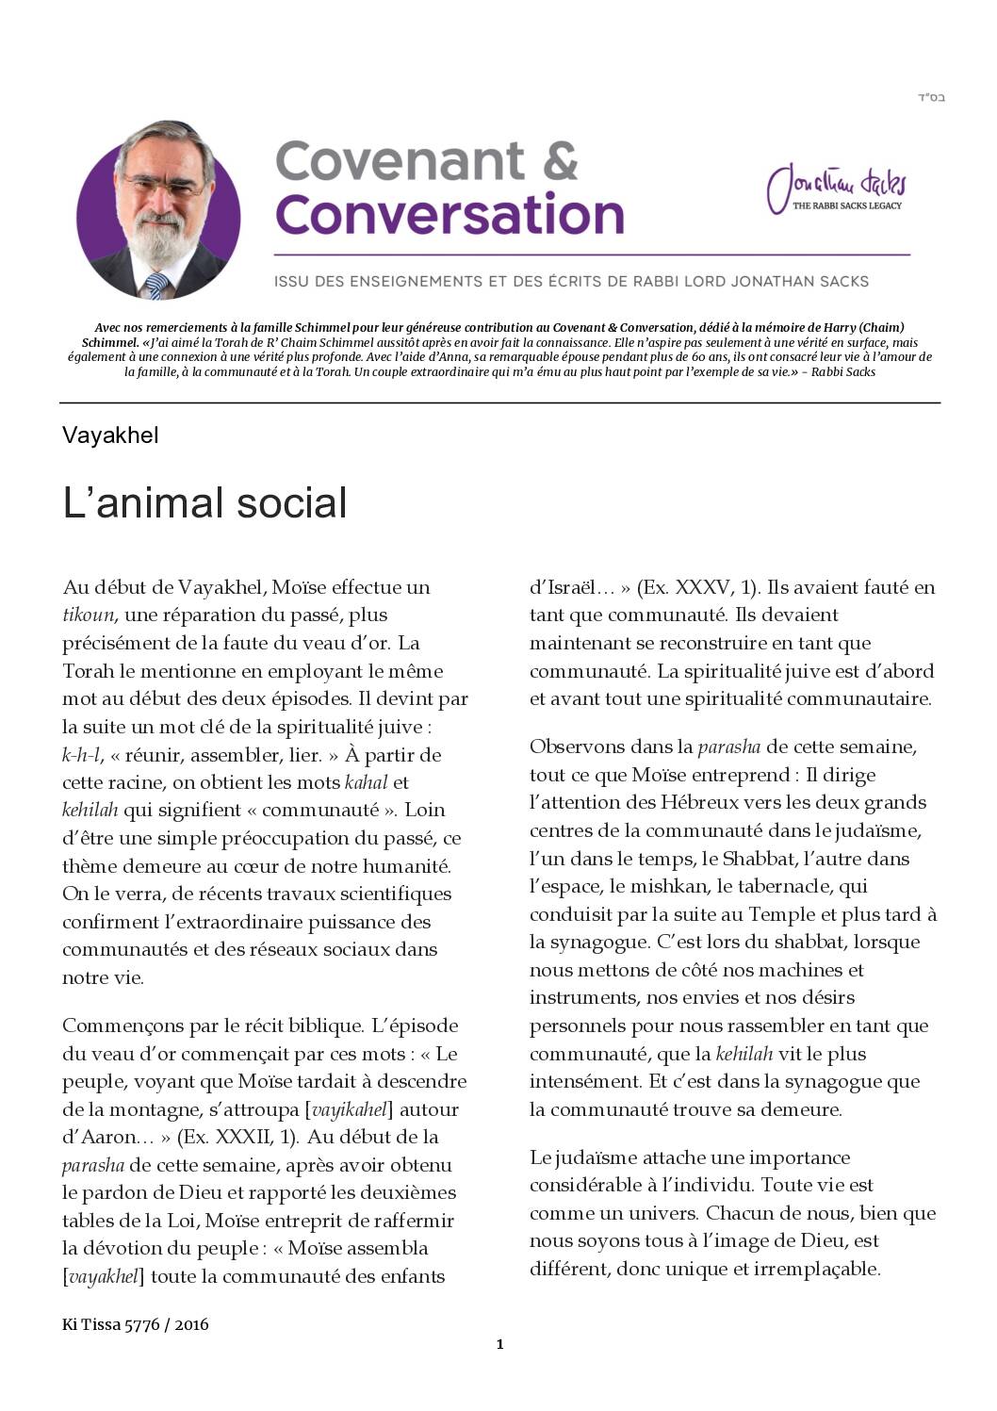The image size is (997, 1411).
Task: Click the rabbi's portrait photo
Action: point(157,211)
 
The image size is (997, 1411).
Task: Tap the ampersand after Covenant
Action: point(560,161)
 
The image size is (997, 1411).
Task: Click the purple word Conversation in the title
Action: point(449,215)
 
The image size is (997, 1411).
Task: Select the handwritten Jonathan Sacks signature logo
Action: point(835,189)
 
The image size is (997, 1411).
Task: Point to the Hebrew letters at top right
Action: point(930,98)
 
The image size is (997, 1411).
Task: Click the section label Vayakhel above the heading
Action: point(110,435)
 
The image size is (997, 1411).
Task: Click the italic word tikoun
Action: point(88,615)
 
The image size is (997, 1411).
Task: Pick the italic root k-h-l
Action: point(81,755)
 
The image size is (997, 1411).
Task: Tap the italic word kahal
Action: point(366,782)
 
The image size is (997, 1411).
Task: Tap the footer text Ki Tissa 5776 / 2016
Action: point(136,1324)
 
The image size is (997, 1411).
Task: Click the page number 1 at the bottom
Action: point(499,1345)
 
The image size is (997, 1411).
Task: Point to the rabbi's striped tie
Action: point(156,285)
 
